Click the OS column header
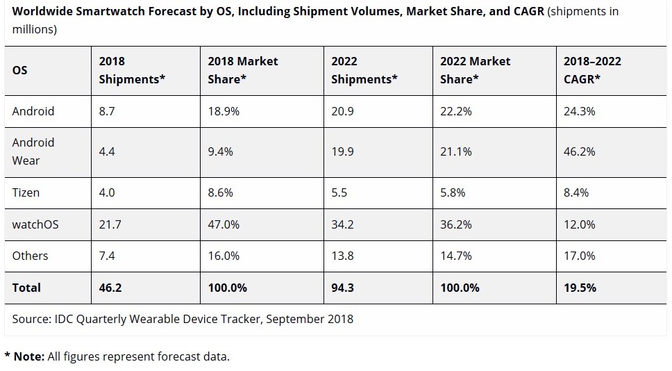[20, 70]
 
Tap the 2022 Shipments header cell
[364, 70]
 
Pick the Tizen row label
[26, 192]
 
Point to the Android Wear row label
[33, 151]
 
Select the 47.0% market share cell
[224, 224]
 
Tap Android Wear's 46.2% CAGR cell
[579, 151]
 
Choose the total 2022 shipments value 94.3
[342, 288]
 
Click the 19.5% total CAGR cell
[580, 288]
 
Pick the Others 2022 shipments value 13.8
[342, 256]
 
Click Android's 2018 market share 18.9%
[224, 111]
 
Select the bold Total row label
[26, 288]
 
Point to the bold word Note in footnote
[28, 356]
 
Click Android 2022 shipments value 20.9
[343, 111]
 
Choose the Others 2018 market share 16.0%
[224, 256]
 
